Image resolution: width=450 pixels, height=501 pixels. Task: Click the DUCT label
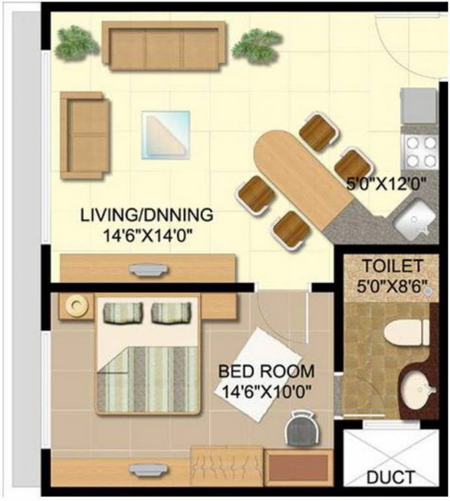click(390, 478)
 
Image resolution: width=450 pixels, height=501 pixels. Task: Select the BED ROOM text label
click(266, 372)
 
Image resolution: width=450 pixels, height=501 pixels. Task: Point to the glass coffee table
click(167, 134)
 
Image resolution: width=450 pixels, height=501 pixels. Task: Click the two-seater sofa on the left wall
click(83, 135)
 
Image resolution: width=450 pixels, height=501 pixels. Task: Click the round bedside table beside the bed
click(77, 305)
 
